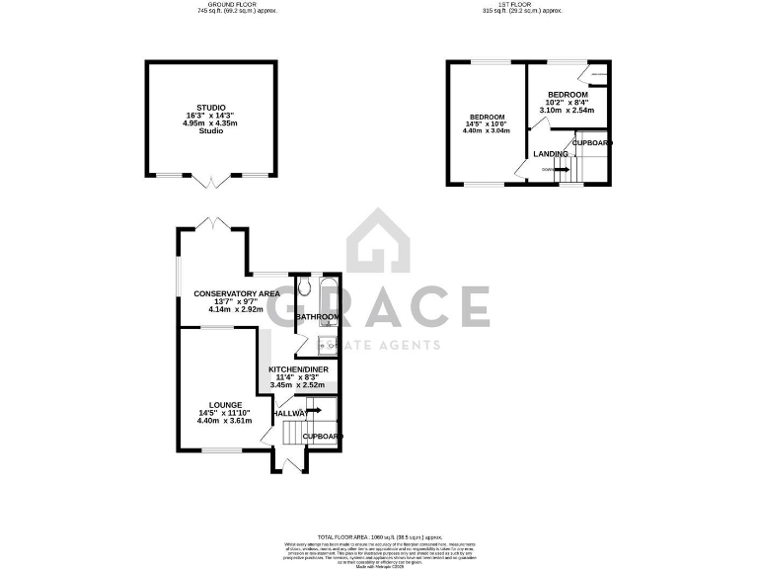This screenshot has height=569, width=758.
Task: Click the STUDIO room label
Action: pos(210,107)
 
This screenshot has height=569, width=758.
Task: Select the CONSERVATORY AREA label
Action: pos(236,293)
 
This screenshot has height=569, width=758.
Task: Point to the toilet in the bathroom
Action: pos(304,287)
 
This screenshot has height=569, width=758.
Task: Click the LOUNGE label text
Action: pos(224,404)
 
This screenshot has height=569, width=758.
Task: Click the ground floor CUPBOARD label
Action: pos(322,436)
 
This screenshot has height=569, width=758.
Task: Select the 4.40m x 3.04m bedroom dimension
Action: pos(488,130)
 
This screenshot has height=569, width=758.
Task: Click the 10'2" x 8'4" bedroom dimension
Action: pos(568,103)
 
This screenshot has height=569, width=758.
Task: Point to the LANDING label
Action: pos(550,154)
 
